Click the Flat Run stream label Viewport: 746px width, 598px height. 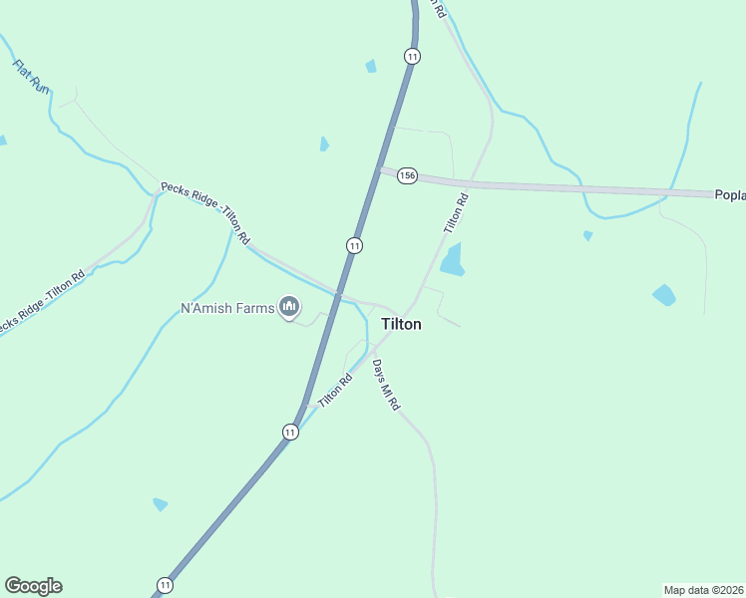point(30,76)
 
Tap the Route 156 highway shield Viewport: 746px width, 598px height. point(406,175)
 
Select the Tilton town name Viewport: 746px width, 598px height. point(401,324)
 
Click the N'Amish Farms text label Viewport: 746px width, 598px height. point(226,308)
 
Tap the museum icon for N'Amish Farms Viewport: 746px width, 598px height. point(289,307)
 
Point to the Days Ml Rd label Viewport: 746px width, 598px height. point(386,385)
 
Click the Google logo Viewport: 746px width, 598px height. point(33,586)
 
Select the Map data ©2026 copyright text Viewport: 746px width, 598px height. point(703,589)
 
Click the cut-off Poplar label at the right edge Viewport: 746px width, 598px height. point(730,195)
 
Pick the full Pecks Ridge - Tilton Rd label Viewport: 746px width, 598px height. point(205,212)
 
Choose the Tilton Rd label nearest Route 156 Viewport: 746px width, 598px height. point(455,214)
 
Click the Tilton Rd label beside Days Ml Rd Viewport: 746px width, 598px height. point(336,390)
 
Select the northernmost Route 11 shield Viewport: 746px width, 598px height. point(412,56)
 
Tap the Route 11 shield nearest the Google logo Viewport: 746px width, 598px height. point(165,584)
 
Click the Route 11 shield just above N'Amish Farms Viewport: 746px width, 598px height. point(354,245)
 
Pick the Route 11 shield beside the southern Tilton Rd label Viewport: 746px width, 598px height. point(289,432)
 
